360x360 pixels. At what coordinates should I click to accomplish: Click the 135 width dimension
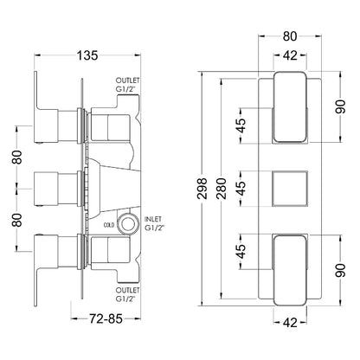coord(87,55)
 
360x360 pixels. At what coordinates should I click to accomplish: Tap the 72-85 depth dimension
coord(106,318)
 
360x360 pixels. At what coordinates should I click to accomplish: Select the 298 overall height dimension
coord(203,189)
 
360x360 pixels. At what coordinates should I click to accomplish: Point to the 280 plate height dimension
coord(222,189)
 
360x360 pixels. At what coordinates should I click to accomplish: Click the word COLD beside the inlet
coord(109,225)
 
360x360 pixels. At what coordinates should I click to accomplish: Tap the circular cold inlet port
coord(127,223)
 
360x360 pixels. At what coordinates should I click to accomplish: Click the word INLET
coord(153,220)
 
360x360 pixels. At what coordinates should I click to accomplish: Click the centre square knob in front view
coord(290,189)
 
